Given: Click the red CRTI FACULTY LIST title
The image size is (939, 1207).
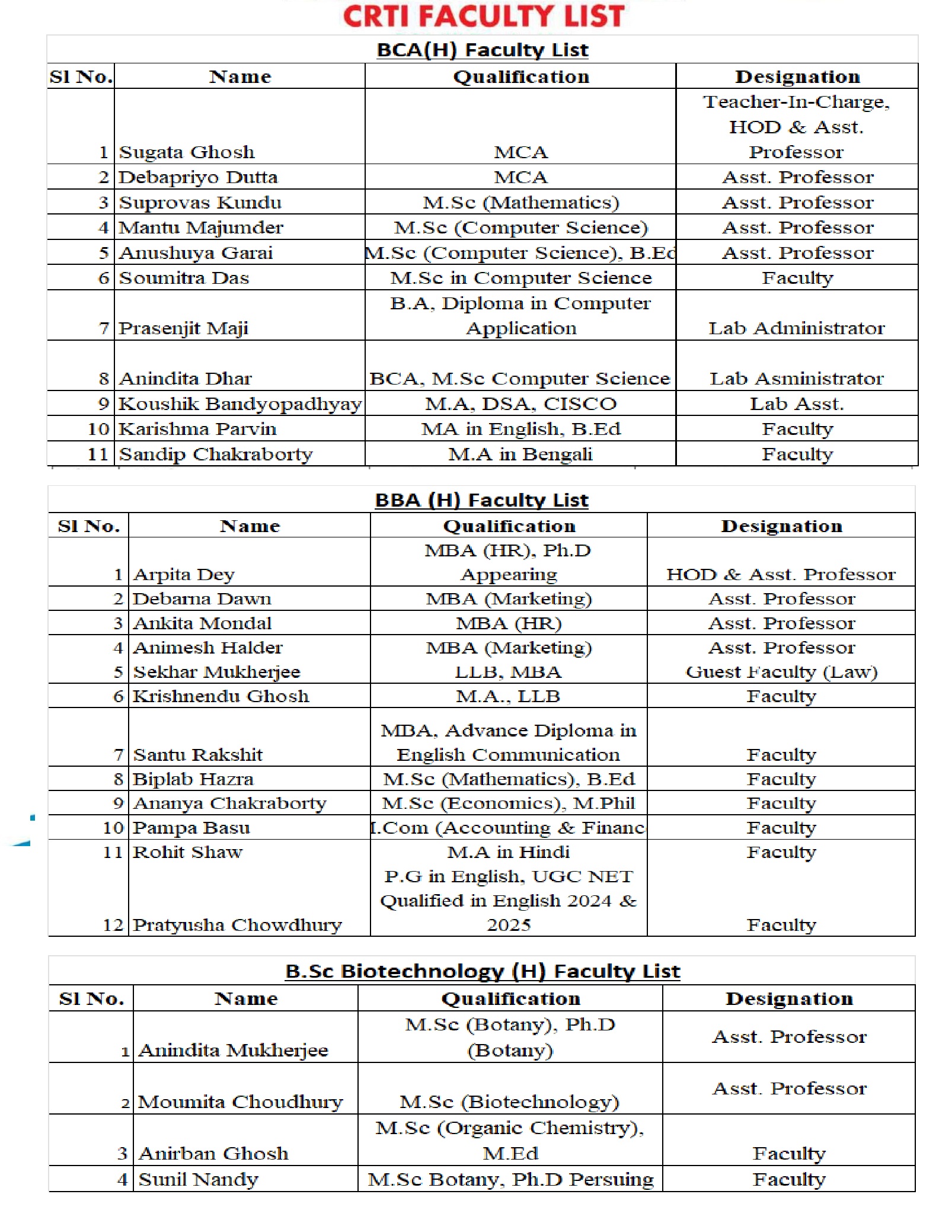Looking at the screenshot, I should [x=483, y=16].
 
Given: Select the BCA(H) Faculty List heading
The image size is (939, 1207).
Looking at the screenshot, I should [x=483, y=50].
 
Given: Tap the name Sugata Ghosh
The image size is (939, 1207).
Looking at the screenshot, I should [x=187, y=152].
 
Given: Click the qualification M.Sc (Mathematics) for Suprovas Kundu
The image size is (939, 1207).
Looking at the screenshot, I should [x=520, y=203].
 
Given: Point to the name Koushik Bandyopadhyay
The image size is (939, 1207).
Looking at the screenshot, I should [x=240, y=404].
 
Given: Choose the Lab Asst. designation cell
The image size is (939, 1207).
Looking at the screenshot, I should [x=797, y=404].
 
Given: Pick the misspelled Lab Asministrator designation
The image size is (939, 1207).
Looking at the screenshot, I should [x=797, y=379].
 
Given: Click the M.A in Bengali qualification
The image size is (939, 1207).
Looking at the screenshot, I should [x=520, y=454].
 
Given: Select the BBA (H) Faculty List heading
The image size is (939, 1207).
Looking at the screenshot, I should [x=481, y=500].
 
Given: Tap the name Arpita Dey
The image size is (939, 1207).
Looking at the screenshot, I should [x=184, y=575].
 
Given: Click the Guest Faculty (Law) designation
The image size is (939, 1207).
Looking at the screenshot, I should [x=781, y=672].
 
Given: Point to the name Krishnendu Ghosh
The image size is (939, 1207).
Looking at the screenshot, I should [x=221, y=696].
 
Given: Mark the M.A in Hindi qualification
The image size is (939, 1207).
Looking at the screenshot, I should [x=508, y=852].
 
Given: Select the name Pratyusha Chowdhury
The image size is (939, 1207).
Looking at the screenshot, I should [x=237, y=925].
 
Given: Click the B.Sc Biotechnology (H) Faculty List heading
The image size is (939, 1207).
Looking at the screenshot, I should [x=483, y=972].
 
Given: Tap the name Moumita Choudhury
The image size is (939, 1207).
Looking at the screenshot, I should [x=240, y=1102].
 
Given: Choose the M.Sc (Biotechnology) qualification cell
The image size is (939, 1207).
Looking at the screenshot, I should [x=509, y=1102].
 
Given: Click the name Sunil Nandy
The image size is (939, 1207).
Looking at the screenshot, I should [x=198, y=1180].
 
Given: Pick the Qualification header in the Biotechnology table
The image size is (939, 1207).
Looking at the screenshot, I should [x=510, y=999].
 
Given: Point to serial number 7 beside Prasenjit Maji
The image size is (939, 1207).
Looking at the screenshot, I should [x=104, y=328].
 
